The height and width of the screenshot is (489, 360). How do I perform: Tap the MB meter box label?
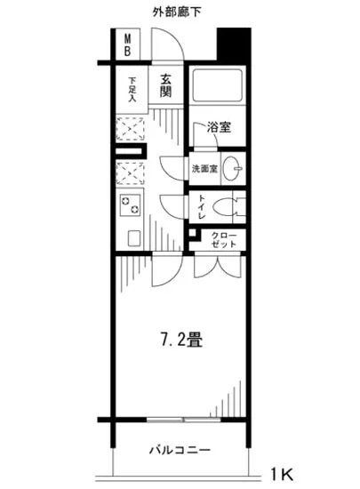coord(127,44)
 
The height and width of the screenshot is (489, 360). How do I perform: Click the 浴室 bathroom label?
coord(220,127)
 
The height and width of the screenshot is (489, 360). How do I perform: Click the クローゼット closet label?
coord(223,238)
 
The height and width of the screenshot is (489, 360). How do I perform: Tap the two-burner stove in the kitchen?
coord(130,205)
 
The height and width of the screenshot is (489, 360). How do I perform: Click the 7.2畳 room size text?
coord(180,339)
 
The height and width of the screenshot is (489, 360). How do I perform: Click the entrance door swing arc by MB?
coord(165,45)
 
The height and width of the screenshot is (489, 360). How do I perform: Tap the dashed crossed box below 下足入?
coord(131,131)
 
